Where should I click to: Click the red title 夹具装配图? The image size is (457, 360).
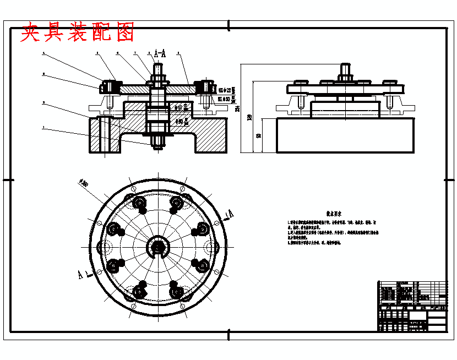pos(78,33)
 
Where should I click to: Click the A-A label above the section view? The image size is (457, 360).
pos(160,53)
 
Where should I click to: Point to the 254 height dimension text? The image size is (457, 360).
pos(237,109)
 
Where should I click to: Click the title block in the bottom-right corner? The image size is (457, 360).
pos(412,306)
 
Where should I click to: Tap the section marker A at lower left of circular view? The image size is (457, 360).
pos(83,274)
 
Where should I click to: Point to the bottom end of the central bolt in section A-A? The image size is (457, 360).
pos(157,146)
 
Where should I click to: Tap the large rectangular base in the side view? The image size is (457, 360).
pos(345,135)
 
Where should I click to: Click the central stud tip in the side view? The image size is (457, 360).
pos(345,68)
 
